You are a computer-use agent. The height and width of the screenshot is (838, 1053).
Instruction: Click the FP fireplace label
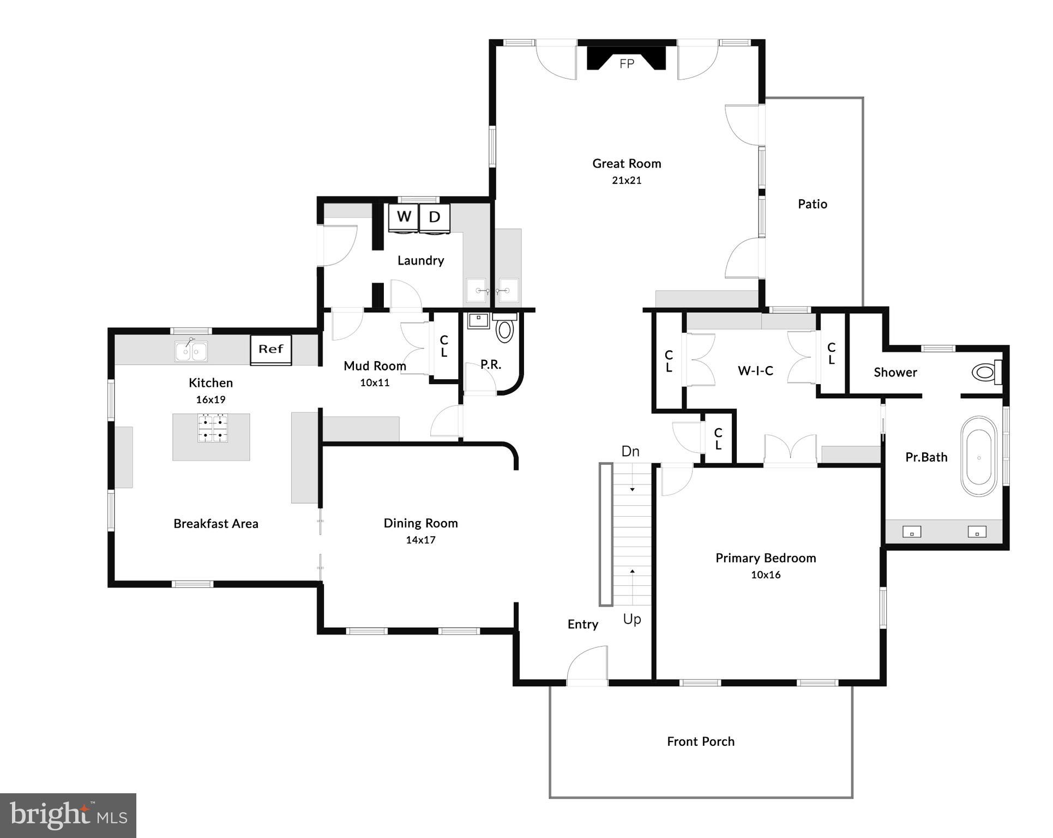pyautogui.click(x=627, y=64)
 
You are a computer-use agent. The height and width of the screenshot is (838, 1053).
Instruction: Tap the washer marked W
pyautogui.click(x=404, y=218)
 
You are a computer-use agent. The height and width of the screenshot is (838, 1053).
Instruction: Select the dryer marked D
pyautogui.click(x=435, y=218)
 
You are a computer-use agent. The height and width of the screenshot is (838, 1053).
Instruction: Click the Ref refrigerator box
pyautogui.click(x=271, y=349)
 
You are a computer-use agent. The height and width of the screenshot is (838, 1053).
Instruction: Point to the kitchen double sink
pyautogui.click(x=191, y=351)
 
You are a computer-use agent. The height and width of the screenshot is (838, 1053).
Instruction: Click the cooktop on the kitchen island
pyautogui.click(x=213, y=428)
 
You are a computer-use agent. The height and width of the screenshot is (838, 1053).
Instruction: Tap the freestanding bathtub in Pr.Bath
pyautogui.click(x=979, y=457)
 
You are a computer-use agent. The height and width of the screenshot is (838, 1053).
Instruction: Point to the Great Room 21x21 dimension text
pyautogui.click(x=627, y=181)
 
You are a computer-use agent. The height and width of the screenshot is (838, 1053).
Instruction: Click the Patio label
pyautogui.click(x=812, y=204)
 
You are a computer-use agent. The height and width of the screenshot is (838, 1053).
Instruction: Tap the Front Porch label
pyautogui.click(x=701, y=741)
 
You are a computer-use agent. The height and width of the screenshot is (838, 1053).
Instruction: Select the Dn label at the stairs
pyautogui.click(x=630, y=451)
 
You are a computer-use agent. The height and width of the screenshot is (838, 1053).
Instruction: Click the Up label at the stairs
pyautogui.click(x=632, y=619)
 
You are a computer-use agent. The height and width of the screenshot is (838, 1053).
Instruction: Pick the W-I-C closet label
pyautogui.click(x=755, y=371)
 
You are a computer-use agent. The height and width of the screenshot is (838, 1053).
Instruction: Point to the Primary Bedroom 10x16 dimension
pyautogui.click(x=766, y=574)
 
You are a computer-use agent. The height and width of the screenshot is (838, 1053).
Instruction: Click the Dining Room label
pyautogui.click(x=420, y=523)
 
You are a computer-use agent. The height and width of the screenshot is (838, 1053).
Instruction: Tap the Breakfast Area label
pyautogui.click(x=216, y=524)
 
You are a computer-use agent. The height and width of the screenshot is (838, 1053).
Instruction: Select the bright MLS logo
pyautogui.click(x=68, y=815)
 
